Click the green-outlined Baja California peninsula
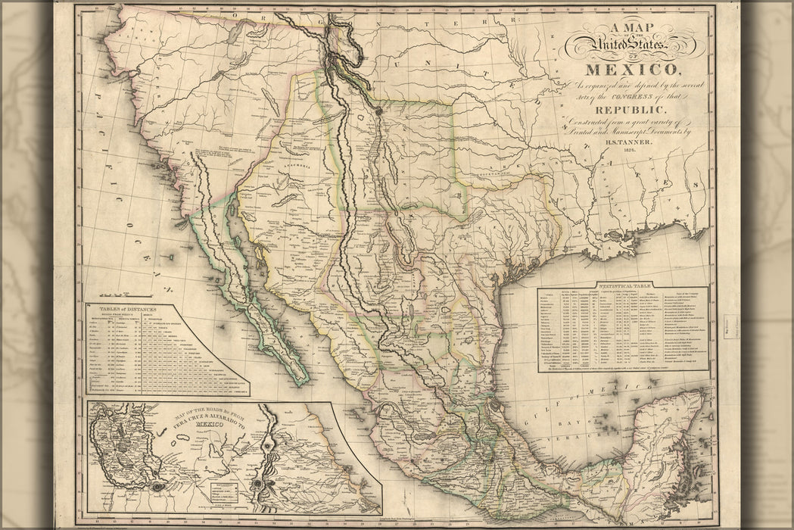[x=250, y=303]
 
